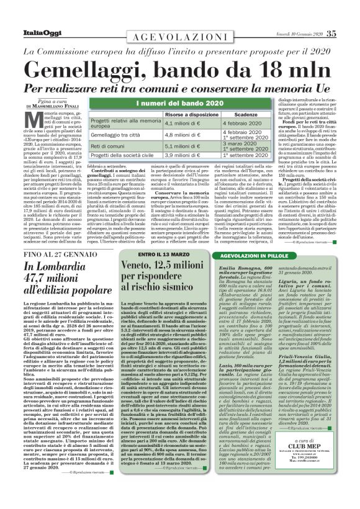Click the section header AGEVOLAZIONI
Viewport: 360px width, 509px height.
(x=180, y=37)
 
